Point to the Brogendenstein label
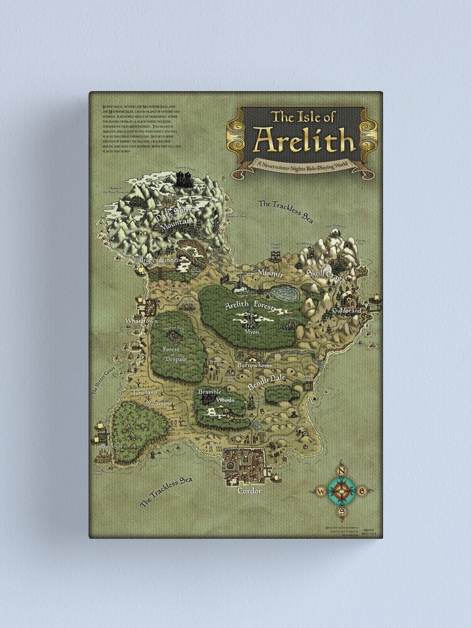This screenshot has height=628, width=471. [x=161, y=259]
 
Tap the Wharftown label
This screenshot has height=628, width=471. [x=140, y=320]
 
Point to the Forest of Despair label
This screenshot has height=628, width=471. [x=171, y=353]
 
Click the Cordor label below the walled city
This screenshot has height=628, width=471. [x=249, y=490]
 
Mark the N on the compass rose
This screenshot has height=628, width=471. [x=342, y=470]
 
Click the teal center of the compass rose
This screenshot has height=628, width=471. [x=342, y=490]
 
